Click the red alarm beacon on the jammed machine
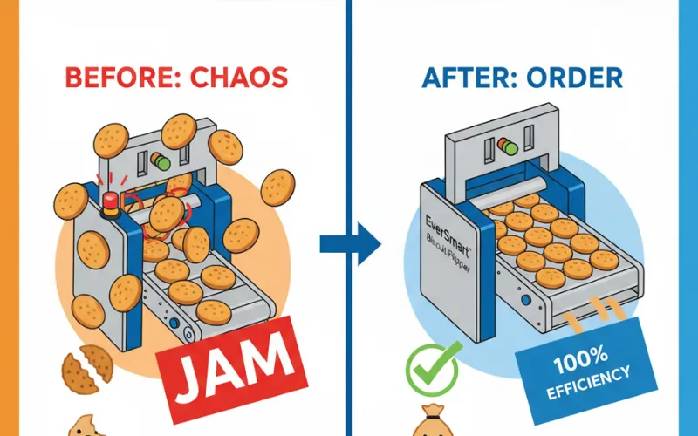pyautogui.click(x=110, y=202)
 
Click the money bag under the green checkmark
pyautogui.click(x=429, y=423)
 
